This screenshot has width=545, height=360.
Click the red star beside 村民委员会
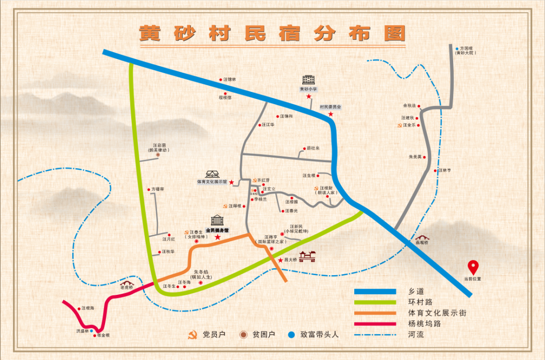331,115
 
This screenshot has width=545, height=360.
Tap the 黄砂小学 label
308,89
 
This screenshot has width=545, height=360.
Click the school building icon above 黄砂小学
308,79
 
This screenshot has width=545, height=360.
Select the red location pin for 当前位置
473,267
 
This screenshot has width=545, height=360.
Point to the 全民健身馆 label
217,230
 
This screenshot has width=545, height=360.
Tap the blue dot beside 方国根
457,48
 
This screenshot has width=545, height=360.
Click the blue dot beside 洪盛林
92,331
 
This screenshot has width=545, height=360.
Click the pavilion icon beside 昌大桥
307,257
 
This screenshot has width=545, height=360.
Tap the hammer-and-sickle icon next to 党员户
192,335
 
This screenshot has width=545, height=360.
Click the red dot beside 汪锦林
221,80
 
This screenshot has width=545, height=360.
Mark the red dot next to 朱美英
424,157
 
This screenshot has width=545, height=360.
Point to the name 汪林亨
445,170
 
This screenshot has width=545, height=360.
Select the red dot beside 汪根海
79,308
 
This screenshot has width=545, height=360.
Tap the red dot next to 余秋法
419,106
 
